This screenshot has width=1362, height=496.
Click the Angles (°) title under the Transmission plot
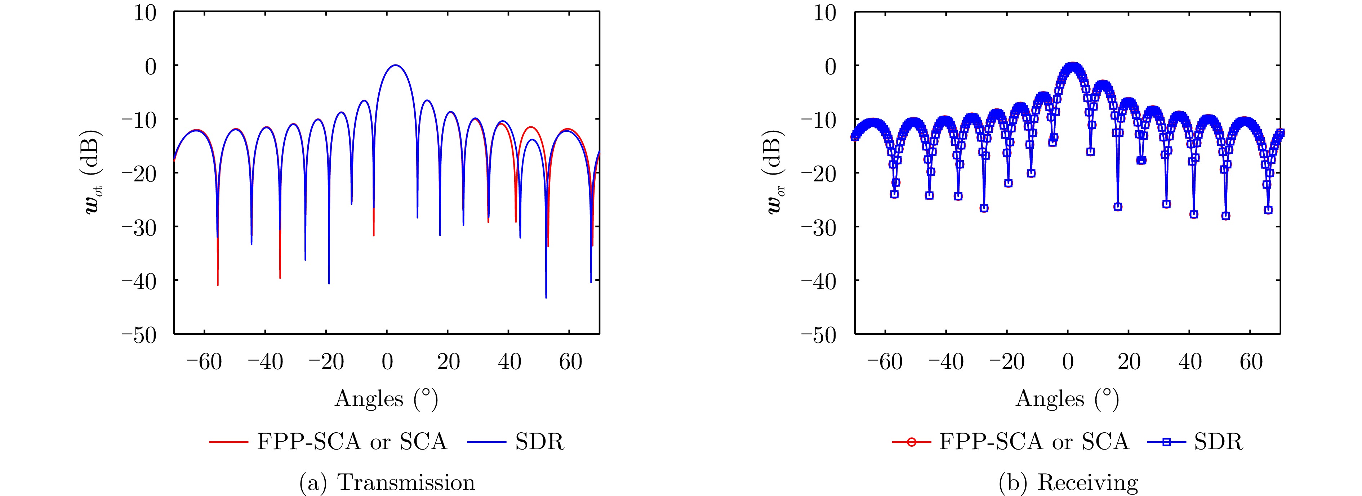(x=387, y=399)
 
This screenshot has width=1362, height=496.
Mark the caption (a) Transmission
(x=387, y=482)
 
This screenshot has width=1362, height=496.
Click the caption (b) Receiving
(x=1068, y=482)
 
